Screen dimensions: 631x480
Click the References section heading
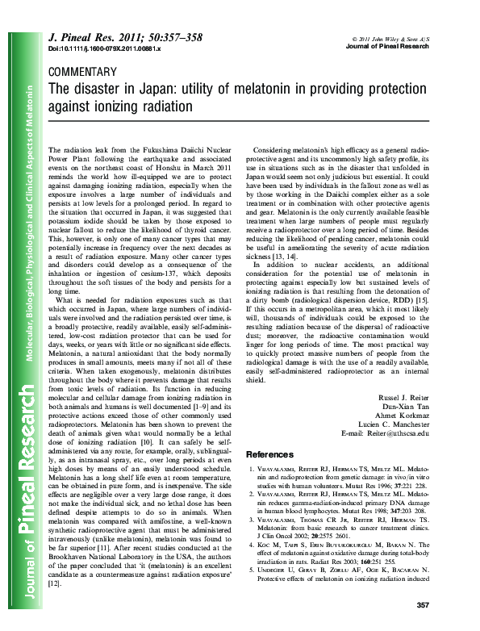[x=269, y=455]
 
